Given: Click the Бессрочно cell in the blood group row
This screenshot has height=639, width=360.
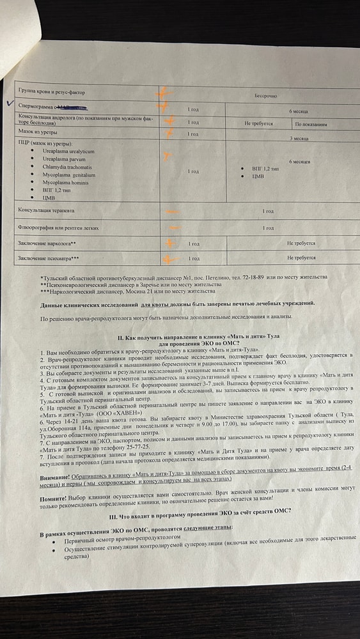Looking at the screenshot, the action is point(265,95).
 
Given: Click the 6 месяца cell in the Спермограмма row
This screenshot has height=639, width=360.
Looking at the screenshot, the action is point(299,111).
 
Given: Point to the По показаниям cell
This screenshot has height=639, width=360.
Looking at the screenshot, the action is point(311,124).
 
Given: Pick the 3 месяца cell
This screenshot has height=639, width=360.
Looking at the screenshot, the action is point(299,138).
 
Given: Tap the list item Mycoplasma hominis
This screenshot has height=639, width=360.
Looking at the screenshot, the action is point(65,182).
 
